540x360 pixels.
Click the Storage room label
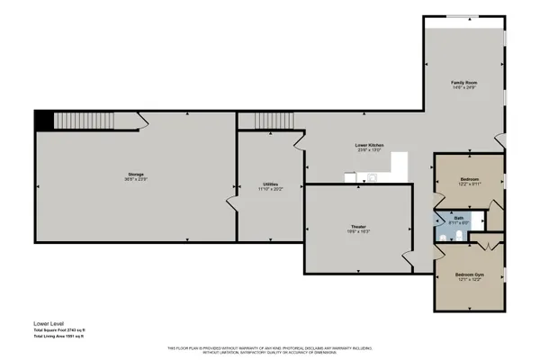pyautogui.click(x=136, y=174)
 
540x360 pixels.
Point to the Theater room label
pyautogui.click(x=358, y=226)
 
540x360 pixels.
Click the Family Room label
pyautogui.click(x=463, y=83)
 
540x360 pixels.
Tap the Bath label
pyautogui.click(x=458, y=218)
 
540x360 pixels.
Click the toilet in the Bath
pyautogui.click(x=459, y=236)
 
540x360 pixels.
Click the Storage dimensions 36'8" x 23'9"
pyautogui.click(x=136, y=179)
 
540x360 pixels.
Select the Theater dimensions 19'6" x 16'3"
pyautogui.click(x=358, y=232)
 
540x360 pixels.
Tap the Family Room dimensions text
pyautogui.click(x=463, y=88)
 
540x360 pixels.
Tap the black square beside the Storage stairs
pyautogui.click(x=43, y=121)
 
